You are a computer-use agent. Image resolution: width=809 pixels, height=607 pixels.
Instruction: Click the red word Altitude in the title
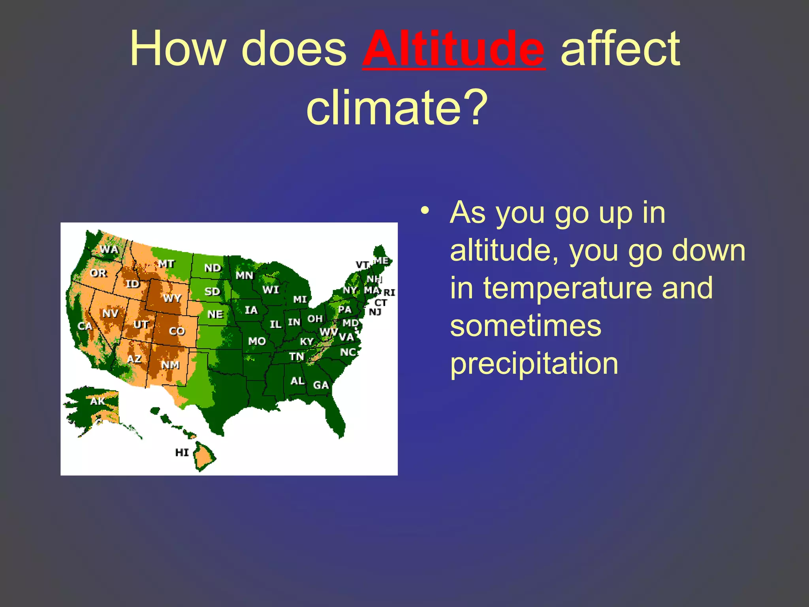(x=454, y=49)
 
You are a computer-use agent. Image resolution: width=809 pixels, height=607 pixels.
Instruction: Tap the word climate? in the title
(x=397, y=107)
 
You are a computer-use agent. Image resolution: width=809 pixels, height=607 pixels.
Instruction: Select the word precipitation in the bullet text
(x=534, y=364)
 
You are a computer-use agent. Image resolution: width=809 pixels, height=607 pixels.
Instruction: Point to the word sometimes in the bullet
(x=525, y=326)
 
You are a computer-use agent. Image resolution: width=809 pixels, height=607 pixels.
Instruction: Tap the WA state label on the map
(x=109, y=249)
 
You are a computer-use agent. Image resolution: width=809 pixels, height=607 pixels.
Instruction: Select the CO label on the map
(x=177, y=331)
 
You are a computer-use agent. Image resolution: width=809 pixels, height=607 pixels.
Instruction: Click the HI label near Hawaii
(x=182, y=452)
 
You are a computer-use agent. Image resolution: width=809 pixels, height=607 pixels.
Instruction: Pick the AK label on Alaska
(x=98, y=401)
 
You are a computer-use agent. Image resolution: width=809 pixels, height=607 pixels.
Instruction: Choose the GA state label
(x=321, y=385)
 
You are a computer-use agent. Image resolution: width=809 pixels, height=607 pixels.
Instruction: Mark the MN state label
(x=245, y=275)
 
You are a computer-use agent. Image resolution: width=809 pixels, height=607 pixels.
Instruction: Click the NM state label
(x=170, y=365)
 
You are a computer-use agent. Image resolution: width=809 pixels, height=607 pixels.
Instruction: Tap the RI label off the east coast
(x=389, y=292)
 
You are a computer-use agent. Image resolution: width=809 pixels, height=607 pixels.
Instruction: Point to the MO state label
(x=257, y=341)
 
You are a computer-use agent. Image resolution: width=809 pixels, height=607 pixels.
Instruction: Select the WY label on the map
(x=172, y=298)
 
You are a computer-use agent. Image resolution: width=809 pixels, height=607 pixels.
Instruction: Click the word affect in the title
(x=620, y=49)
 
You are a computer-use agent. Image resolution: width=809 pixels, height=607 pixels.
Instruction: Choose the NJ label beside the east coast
(x=375, y=312)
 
